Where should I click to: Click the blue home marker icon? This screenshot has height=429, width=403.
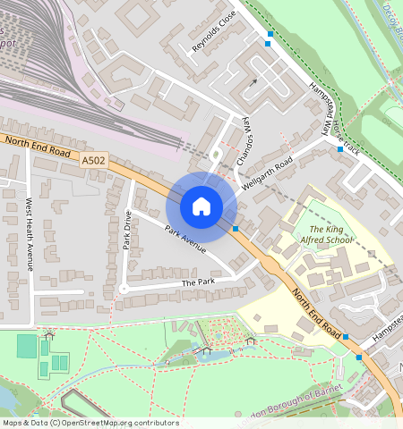tap(201, 207)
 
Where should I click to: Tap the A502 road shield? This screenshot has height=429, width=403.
tap(93, 160)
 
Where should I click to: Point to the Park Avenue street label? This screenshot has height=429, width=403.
tap(185, 239)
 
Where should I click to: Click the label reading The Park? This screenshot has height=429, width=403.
tap(200, 282)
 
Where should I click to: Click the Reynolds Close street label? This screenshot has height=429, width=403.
tap(214, 32)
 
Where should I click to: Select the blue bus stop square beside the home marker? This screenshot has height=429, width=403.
tap(236, 229)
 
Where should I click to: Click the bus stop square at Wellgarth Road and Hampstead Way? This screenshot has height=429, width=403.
tap(340, 149)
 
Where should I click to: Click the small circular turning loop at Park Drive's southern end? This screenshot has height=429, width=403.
tap(123, 289)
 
